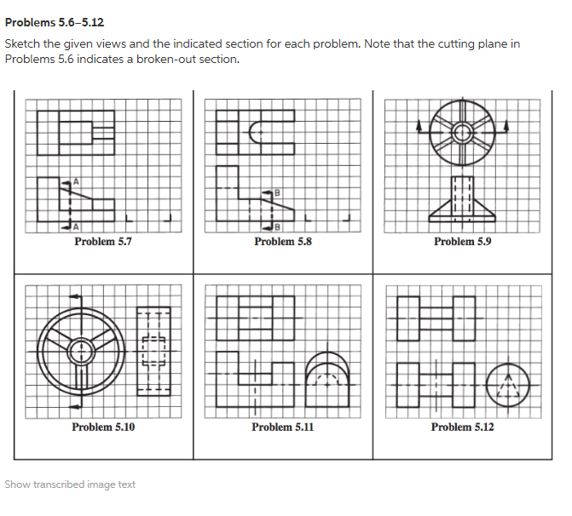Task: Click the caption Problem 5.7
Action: (x=102, y=241)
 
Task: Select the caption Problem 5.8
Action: (x=282, y=241)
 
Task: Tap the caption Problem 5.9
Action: (x=462, y=241)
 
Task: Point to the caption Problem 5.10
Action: (x=102, y=427)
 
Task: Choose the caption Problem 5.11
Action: (x=282, y=427)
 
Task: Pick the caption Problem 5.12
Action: (x=462, y=427)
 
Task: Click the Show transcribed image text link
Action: (x=70, y=484)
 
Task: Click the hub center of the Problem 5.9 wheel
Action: (x=462, y=132)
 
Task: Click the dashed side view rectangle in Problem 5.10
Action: (x=153, y=353)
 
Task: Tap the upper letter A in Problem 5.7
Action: (x=76, y=181)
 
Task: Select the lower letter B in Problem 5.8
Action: (x=276, y=226)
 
